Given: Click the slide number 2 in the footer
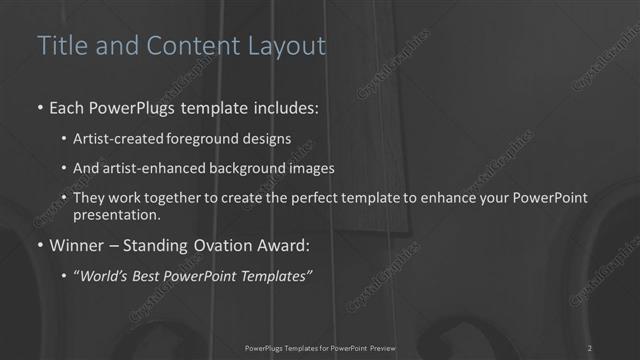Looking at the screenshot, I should coord(590,347).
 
